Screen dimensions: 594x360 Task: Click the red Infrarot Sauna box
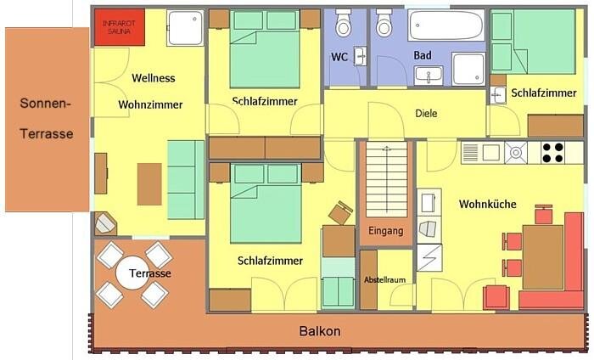tap(120, 27)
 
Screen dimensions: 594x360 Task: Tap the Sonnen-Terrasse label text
tap(46, 118)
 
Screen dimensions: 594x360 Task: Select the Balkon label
tap(320, 331)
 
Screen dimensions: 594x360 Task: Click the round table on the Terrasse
tap(133, 273)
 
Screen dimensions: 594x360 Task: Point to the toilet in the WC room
tap(344, 24)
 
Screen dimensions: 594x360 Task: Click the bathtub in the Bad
tap(445, 25)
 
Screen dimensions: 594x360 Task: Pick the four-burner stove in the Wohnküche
tap(553, 152)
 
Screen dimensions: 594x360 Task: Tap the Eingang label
tap(385, 231)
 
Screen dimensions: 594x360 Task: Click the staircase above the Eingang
tap(386, 180)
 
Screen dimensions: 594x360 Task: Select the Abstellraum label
tap(385, 279)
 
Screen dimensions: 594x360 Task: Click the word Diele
tap(426, 113)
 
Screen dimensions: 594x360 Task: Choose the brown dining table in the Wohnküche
tap(543, 257)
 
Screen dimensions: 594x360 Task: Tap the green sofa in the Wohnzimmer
tap(186, 180)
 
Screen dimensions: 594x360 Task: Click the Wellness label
tap(154, 78)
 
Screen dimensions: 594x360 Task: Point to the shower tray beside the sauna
tap(185, 28)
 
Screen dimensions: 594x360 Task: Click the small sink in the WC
tap(360, 57)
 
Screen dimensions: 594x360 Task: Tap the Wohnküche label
tap(488, 205)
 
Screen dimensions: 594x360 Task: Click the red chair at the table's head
tap(544, 215)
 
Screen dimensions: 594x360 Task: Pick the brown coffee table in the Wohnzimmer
tap(149, 184)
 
